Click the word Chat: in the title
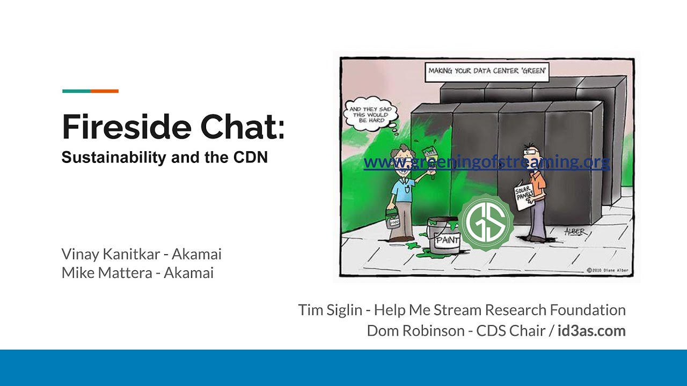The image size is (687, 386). coord(243,127)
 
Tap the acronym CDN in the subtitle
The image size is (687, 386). coord(250,158)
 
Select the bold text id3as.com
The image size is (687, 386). coord(591,331)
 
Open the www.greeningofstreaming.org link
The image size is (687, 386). coord(486,161)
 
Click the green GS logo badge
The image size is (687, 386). coord(486,222)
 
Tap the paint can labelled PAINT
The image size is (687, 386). coord(444,235)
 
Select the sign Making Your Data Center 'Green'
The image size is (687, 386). coord(487,71)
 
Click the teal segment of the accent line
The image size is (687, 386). coord(76,91)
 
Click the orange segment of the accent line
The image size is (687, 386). coord(105,91)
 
